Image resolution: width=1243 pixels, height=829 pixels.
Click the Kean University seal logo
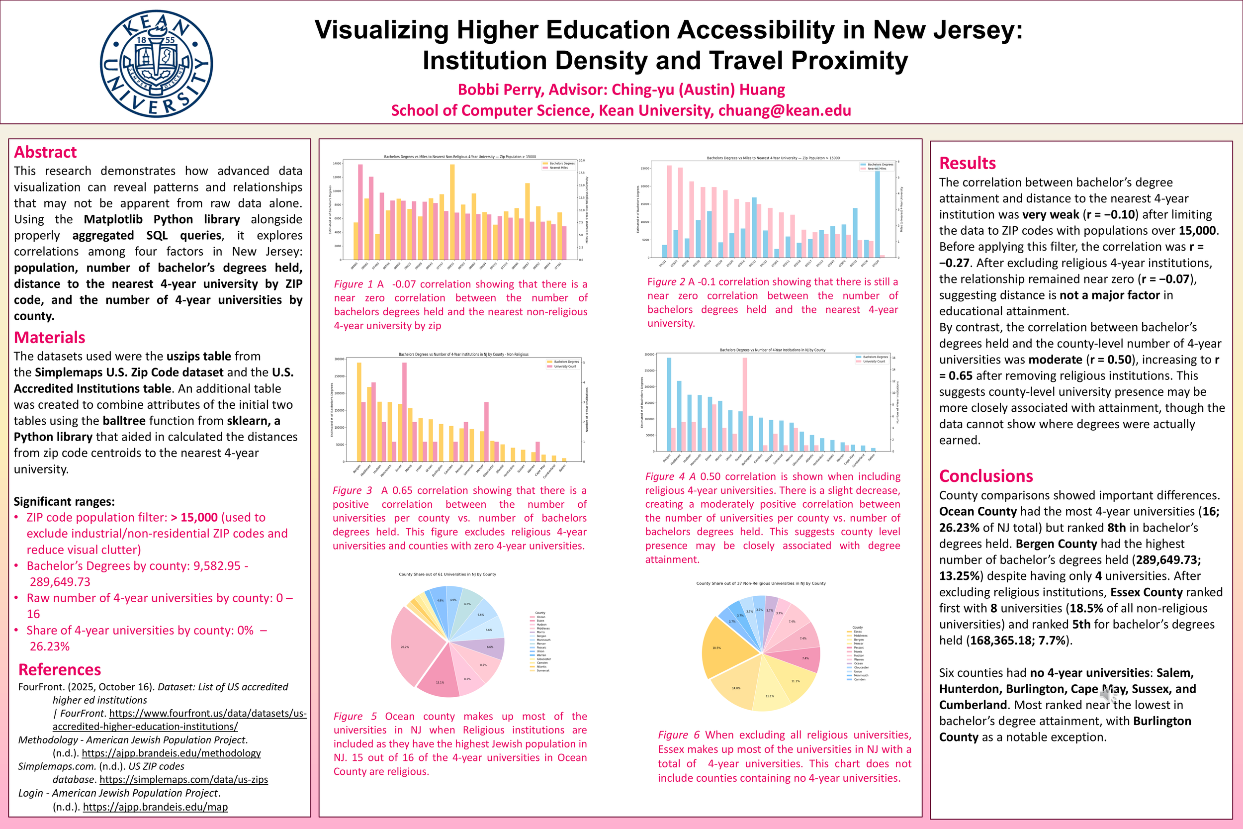pos(157,64)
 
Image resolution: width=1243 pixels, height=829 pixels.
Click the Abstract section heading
pos(45,152)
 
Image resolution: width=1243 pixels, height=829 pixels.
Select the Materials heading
pos(49,337)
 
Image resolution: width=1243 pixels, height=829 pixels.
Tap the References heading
pos(59,669)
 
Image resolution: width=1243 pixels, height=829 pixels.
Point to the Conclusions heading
pos(985,476)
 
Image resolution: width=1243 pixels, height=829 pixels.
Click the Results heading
pos(967,163)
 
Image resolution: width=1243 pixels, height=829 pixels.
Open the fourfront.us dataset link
pos(179,720)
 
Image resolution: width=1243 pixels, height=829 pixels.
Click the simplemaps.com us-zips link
pos(183,779)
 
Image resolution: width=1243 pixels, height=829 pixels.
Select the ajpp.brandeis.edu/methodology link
pos(171,753)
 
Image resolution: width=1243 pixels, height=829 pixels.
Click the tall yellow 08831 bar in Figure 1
pos(452,211)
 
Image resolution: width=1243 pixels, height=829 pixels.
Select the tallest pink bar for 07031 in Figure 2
pos(669,211)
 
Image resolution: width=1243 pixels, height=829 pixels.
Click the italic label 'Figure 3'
pos(352,491)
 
